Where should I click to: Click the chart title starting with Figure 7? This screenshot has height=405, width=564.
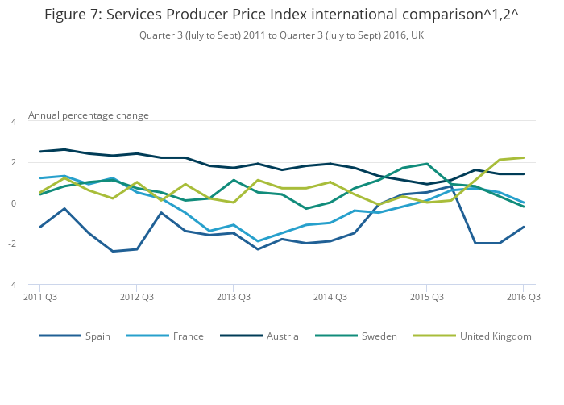tap(281, 15)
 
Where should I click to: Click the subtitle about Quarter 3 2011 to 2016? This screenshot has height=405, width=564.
tap(281, 35)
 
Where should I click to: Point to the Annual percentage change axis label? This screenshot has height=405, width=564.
tap(89, 115)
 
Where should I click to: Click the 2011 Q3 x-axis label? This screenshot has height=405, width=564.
tap(39, 297)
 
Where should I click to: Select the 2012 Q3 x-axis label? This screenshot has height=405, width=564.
tap(136, 297)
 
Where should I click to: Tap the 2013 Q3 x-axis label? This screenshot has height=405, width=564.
tap(233, 297)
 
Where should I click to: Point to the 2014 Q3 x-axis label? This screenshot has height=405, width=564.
tap(330, 297)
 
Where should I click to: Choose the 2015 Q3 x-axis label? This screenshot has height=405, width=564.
tap(427, 297)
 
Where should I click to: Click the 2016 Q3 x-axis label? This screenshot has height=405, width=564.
tap(523, 297)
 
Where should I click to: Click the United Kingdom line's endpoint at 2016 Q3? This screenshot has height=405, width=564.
tap(524, 157)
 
